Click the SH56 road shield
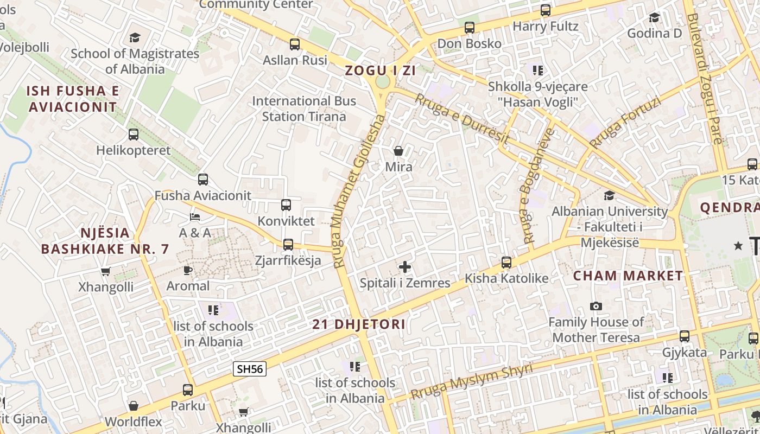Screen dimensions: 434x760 [x=250, y=369]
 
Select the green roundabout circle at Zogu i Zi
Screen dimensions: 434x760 [x=383, y=82]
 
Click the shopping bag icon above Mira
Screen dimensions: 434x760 [x=398, y=150]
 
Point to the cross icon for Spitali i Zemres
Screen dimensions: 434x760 [x=405, y=267]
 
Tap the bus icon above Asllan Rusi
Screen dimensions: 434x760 [x=295, y=44]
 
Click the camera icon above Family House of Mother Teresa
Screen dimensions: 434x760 [x=596, y=307]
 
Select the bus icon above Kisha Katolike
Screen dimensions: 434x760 [x=506, y=263]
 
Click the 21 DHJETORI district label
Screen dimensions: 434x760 [x=359, y=324]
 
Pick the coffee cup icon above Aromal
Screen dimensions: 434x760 [x=188, y=270]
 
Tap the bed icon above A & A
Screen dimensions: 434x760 [x=195, y=217]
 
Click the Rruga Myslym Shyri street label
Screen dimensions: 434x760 [x=471, y=381]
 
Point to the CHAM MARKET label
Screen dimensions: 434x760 [x=629, y=276]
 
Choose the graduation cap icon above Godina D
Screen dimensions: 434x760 [x=654, y=17]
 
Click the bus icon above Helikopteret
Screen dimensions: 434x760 [x=134, y=134]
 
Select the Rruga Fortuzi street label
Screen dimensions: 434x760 [x=625, y=123]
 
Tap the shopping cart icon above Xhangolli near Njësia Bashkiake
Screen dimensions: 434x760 [x=106, y=271]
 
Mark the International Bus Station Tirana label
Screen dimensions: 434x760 [x=304, y=108]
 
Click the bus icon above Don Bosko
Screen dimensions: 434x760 [x=470, y=27]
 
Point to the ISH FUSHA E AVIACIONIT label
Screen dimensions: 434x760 [x=73, y=99]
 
